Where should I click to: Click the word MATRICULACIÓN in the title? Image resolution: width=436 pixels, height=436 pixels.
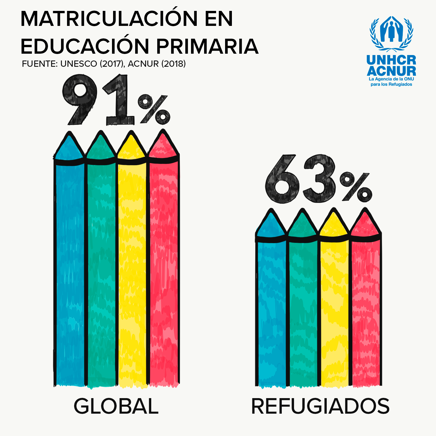tap(109, 19)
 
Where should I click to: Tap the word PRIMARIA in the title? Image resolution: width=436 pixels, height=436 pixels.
tap(207, 46)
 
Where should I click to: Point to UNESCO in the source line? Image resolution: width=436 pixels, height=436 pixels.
tap(78, 64)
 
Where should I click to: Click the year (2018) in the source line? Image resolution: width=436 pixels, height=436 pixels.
tap(173, 64)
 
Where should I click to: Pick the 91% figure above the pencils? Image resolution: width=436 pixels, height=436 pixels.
tap(116, 101)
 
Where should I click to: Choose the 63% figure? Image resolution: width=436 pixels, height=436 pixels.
tap(317, 180)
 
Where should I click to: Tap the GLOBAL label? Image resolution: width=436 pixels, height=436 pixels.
tap(116, 406)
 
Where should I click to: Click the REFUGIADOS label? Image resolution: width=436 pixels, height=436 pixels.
tap(320, 406)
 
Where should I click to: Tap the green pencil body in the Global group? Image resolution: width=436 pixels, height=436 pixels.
tap(101, 272)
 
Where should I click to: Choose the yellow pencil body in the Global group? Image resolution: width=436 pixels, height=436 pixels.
tap(132, 272)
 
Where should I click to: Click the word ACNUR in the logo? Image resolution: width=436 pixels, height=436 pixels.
tap(391, 71)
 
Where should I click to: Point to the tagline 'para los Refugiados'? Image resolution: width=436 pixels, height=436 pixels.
tap(391, 84)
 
